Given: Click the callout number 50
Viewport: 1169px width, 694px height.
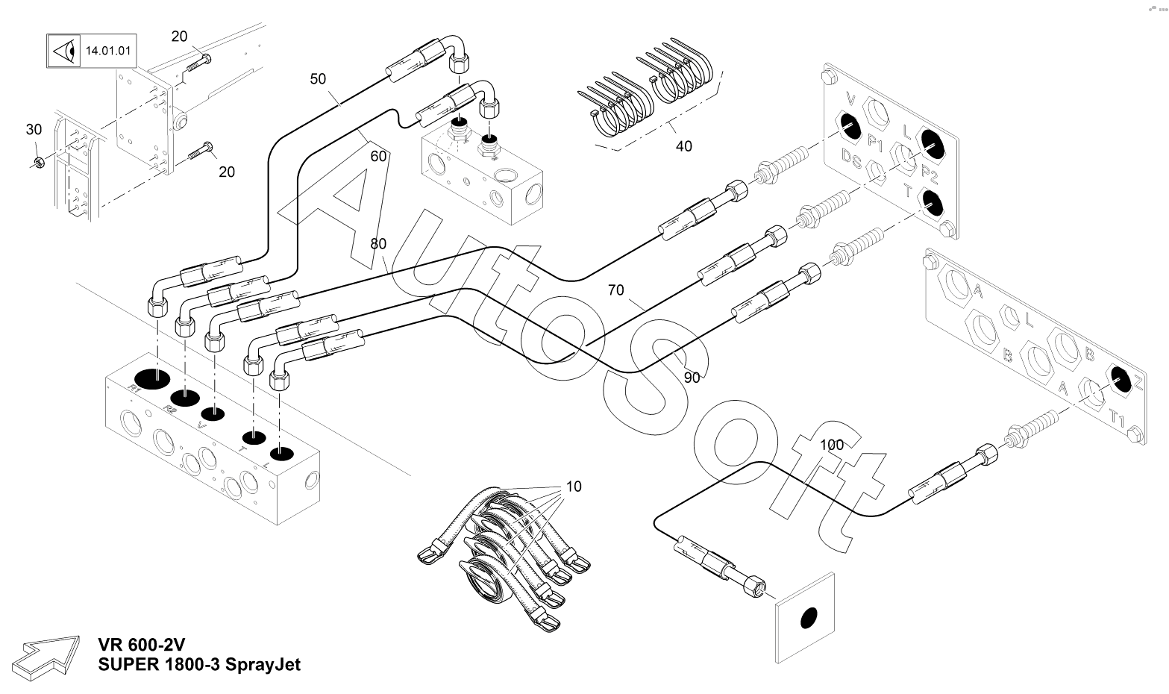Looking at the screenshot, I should tap(318, 78).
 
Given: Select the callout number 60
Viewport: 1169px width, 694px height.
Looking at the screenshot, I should tap(378, 156).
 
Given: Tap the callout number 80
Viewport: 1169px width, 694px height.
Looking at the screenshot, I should tap(378, 243).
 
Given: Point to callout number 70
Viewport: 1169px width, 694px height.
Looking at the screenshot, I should tap(615, 290).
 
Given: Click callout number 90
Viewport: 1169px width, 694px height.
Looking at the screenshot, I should tap(692, 378).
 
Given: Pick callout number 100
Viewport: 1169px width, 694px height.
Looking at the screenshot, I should tap(832, 445).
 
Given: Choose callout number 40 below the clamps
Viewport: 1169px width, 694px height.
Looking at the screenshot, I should tap(683, 146).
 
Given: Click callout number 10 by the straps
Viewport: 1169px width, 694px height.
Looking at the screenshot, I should tap(574, 487).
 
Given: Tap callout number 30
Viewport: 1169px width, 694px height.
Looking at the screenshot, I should tap(34, 129).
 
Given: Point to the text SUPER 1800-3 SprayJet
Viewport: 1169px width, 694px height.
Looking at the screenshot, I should tap(199, 664).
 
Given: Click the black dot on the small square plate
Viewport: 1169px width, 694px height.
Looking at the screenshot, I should tap(806, 618).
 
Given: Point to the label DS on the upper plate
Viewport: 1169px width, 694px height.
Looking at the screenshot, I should tap(851, 158).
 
